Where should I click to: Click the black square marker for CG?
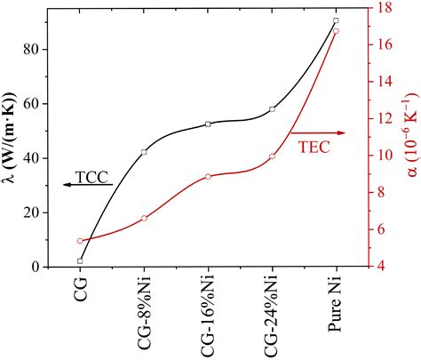pyautogui.click(x=80, y=261)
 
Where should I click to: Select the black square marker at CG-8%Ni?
pyautogui.click(x=144, y=152)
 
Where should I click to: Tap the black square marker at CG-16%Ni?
pyautogui.click(x=208, y=124)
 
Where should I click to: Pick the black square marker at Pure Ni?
pyautogui.click(x=336, y=20)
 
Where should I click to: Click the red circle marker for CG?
pyautogui.click(x=80, y=241)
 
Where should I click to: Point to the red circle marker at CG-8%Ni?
pyautogui.click(x=144, y=218)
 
